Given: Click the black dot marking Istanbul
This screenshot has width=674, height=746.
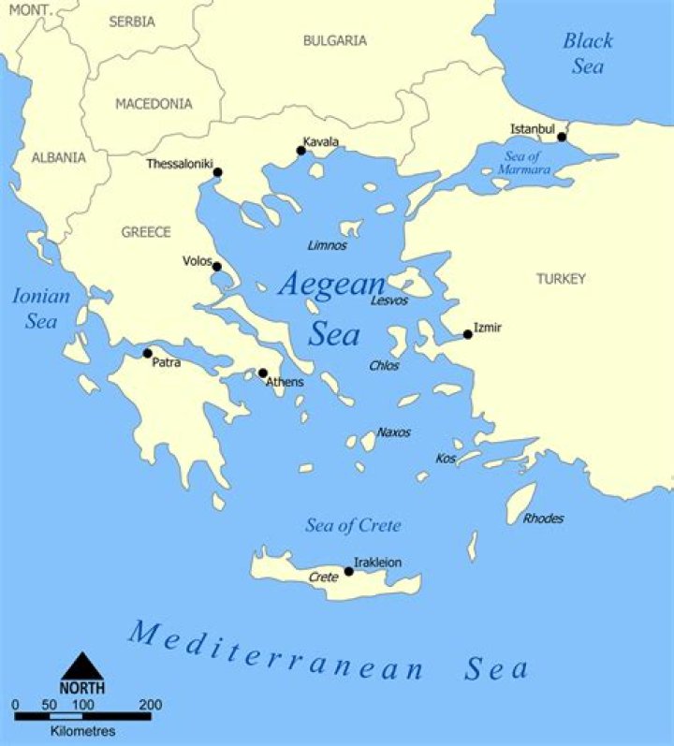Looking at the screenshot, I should (x=562, y=137).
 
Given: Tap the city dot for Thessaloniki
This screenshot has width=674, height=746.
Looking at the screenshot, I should (x=218, y=172).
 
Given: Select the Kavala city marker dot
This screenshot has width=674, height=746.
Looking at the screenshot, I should (x=301, y=151).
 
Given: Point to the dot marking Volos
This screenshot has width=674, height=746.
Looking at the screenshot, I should (x=217, y=267).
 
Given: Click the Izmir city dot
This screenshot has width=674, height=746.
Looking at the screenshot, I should (x=467, y=334).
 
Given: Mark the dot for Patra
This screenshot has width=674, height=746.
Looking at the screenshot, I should (x=147, y=353).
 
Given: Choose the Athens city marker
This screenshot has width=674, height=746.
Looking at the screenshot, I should (x=263, y=373).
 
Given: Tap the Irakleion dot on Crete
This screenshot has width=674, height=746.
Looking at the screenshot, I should (x=349, y=571).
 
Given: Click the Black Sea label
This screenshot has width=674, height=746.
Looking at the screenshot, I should (x=588, y=53).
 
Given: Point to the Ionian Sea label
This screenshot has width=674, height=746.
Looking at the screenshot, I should (x=41, y=309).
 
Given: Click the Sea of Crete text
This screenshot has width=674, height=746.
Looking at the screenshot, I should (x=353, y=526).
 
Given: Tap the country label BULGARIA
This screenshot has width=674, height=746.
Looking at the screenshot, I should (x=335, y=40).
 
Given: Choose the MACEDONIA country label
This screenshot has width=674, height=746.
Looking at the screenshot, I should (x=154, y=104).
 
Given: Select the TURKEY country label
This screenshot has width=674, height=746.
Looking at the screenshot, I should (x=561, y=279).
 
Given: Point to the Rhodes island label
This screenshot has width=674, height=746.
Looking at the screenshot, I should (x=544, y=519).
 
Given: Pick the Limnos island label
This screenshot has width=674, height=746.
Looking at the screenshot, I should (x=328, y=245).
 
